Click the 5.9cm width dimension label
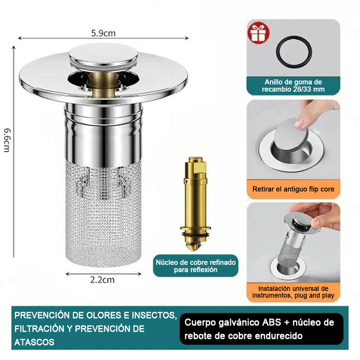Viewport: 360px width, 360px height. (103, 33)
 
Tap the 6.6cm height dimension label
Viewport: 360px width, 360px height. (7, 140)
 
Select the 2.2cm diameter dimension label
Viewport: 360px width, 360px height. (102, 280)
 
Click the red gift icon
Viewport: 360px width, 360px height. (258, 32)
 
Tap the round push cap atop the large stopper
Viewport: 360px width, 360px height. (103, 54)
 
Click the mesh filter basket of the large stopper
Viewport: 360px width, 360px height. (103, 213)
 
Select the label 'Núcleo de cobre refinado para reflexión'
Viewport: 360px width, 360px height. (196, 266)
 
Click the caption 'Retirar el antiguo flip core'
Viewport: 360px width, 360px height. (293, 189)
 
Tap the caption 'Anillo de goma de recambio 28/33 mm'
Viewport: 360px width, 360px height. (293, 85)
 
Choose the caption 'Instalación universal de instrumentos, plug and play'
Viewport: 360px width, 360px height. (293, 292)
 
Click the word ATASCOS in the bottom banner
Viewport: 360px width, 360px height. (34, 342)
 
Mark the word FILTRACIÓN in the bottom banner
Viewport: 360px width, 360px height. (40, 329)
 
